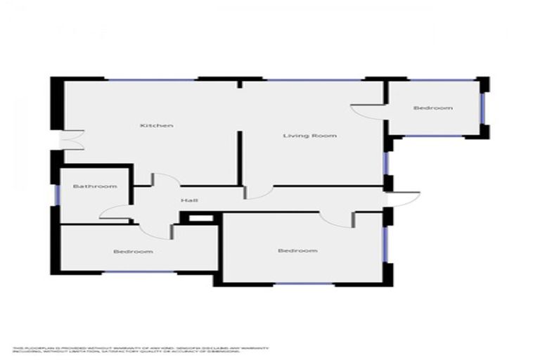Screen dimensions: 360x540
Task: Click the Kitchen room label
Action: (156, 126)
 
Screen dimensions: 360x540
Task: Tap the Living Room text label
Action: (309, 136)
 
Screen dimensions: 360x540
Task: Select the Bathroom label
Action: (95, 186)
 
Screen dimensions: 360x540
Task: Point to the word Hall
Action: (188, 200)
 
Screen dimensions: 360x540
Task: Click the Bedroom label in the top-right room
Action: (432, 108)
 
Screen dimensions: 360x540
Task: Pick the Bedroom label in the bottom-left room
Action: (133, 251)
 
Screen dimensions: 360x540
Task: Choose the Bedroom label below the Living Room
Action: (297, 250)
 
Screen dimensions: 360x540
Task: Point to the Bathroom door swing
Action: (115, 213)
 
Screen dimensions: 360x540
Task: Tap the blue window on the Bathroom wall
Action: (56, 195)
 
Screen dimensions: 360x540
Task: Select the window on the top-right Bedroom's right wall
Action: (483, 108)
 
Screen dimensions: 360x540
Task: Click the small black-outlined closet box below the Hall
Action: (200, 219)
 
